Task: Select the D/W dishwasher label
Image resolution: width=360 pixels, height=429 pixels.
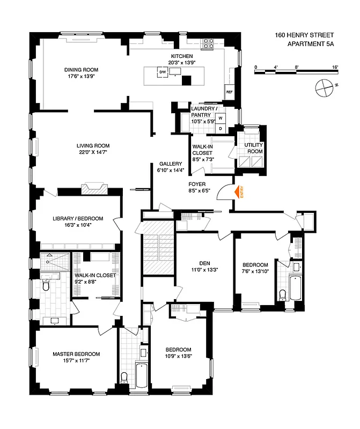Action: click(x=161, y=72)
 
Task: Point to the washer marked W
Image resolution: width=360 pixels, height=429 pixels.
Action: click(x=221, y=117)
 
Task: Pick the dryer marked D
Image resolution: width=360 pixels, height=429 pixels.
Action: click(x=221, y=129)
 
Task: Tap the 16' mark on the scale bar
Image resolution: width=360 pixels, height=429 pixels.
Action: click(x=335, y=67)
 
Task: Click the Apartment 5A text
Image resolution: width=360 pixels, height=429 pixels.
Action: click(x=310, y=45)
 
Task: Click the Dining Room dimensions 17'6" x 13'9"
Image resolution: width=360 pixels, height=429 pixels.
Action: click(x=81, y=77)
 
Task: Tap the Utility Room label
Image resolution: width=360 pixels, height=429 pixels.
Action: click(x=253, y=149)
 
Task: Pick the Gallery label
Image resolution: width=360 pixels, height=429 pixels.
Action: click(x=171, y=164)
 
